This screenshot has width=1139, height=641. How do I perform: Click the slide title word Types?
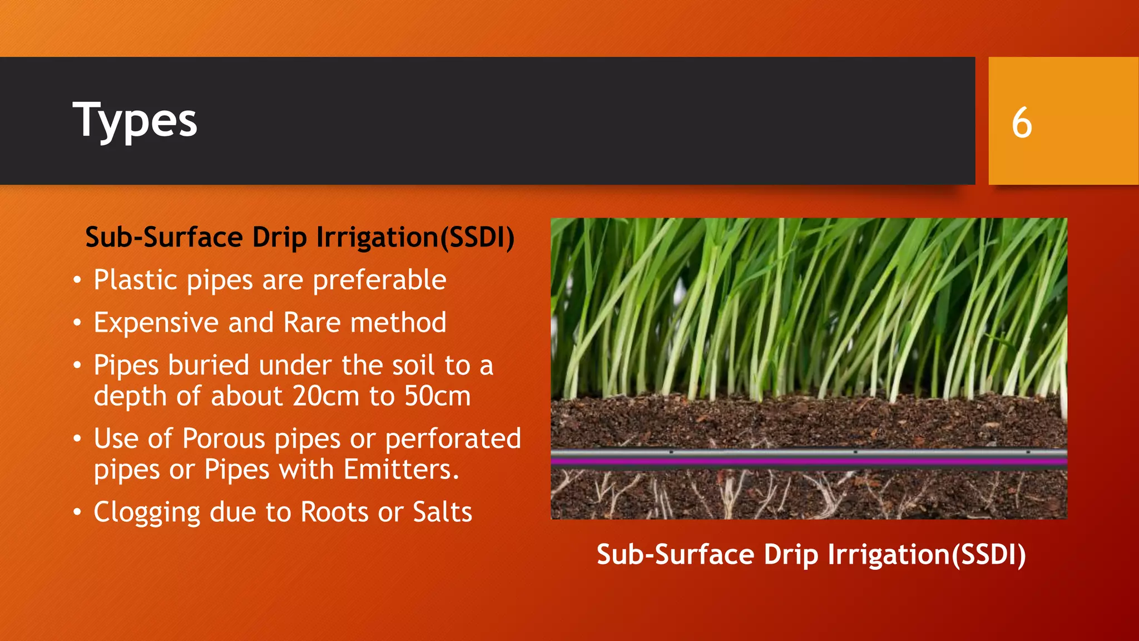coord(135,121)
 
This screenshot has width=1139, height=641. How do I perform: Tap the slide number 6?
coord(1022,123)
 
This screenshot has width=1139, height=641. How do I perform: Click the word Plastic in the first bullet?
coord(135,280)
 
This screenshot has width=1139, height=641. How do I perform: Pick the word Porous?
coord(224,439)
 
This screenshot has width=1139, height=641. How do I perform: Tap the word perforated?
coord(453,439)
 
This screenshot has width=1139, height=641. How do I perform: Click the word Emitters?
coord(401,470)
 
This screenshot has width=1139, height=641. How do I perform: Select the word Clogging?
coord(147,512)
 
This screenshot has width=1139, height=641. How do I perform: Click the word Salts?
coord(442,512)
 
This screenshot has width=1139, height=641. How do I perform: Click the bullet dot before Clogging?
coord(77,511)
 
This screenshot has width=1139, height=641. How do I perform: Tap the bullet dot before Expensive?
coord(77,322)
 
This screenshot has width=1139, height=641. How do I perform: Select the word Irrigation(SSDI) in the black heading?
coord(415,238)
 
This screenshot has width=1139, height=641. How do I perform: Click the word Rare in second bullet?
coord(312,323)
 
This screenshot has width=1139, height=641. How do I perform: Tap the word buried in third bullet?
coord(209,366)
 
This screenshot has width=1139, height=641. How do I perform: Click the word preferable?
coord(379,280)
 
